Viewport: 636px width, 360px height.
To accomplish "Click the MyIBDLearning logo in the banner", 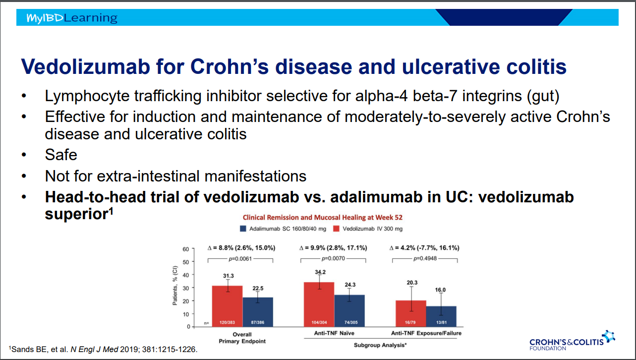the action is pyautogui.click(x=71, y=18).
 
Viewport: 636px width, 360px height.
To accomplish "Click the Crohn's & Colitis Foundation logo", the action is pyautogui.click(x=572, y=341).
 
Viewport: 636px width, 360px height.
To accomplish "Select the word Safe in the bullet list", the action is pyautogui.click(x=61, y=155).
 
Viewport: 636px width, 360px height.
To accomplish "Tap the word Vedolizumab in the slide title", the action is pyautogui.click(x=85, y=67).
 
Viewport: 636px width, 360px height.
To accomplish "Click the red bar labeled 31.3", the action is pyautogui.click(x=227, y=306).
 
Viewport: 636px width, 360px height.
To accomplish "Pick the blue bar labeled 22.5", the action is pyautogui.click(x=258, y=312).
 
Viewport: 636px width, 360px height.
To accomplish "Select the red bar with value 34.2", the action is pyautogui.click(x=319, y=304).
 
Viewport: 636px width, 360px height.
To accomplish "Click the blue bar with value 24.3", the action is pyautogui.click(x=349, y=311).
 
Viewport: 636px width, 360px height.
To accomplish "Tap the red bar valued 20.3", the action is pyautogui.click(x=411, y=313).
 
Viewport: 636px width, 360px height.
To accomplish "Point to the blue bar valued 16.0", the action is pyautogui.click(x=441, y=316).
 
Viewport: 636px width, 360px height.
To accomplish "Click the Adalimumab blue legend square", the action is pyautogui.click(x=243, y=229).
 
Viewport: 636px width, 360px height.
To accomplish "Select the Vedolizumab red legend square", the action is pyautogui.click(x=336, y=229).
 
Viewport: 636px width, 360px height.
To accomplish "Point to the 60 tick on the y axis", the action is pyautogui.click(x=186, y=249).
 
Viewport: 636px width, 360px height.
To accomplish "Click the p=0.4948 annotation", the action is pyautogui.click(x=425, y=258).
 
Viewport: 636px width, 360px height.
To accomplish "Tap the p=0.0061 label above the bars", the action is pyautogui.click(x=240, y=259).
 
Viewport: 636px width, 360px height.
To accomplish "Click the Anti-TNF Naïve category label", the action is pyautogui.click(x=334, y=333).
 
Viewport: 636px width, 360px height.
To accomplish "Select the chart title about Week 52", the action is pyautogui.click(x=323, y=218).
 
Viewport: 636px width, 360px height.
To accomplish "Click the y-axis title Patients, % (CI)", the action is pyautogui.click(x=175, y=285).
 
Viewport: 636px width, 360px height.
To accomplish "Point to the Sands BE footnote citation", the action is pyautogui.click(x=103, y=349).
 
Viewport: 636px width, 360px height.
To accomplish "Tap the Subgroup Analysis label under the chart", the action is pyautogui.click(x=380, y=345).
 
